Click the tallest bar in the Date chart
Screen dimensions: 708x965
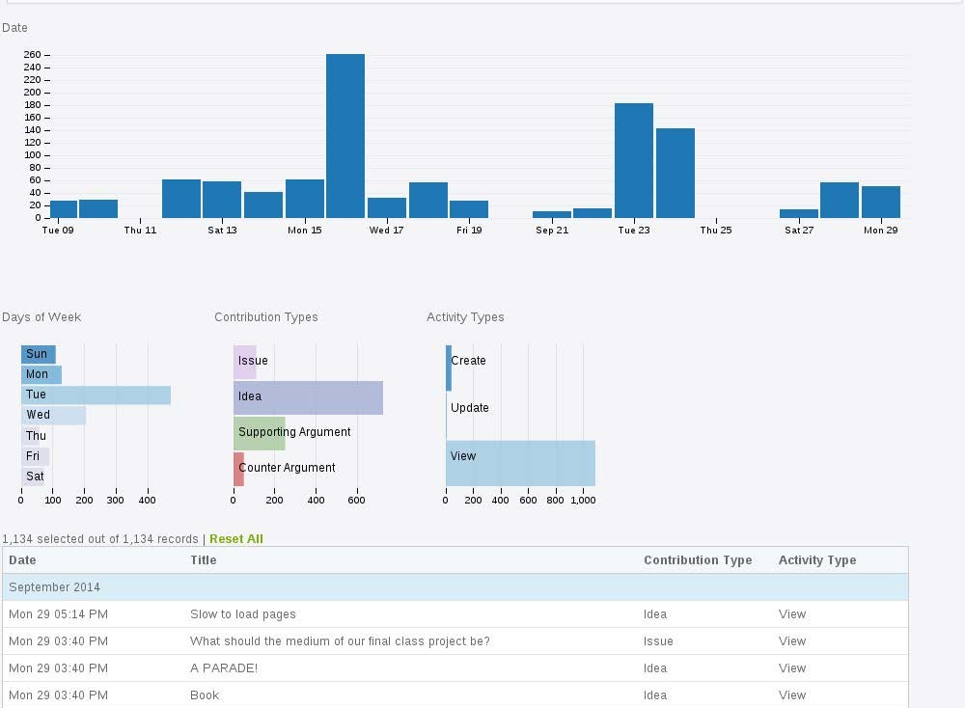(x=345, y=135)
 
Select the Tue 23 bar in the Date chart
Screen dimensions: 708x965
(x=634, y=160)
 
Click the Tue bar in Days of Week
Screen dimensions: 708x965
(x=96, y=395)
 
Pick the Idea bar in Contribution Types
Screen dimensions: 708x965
(x=308, y=396)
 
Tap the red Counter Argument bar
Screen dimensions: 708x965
(x=238, y=469)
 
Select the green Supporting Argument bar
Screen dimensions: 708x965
(x=259, y=433)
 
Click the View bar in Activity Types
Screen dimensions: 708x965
(x=520, y=463)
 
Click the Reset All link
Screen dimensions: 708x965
(x=235, y=539)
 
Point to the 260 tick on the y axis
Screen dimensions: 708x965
(x=33, y=55)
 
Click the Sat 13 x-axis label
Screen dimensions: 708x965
(x=222, y=231)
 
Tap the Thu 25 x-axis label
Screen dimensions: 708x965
(x=716, y=231)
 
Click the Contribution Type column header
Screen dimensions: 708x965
(x=698, y=560)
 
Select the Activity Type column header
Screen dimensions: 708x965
(x=817, y=560)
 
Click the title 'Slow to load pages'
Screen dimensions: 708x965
(x=243, y=614)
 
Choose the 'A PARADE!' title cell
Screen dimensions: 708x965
(x=224, y=668)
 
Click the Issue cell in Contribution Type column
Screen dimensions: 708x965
(x=658, y=641)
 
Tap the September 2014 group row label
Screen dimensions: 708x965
(x=55, y=587)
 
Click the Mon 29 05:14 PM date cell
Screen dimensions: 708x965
(x=58, y=614)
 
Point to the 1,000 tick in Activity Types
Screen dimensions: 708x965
(x=583, y=501)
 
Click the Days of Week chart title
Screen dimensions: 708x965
(x=41, y=317)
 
